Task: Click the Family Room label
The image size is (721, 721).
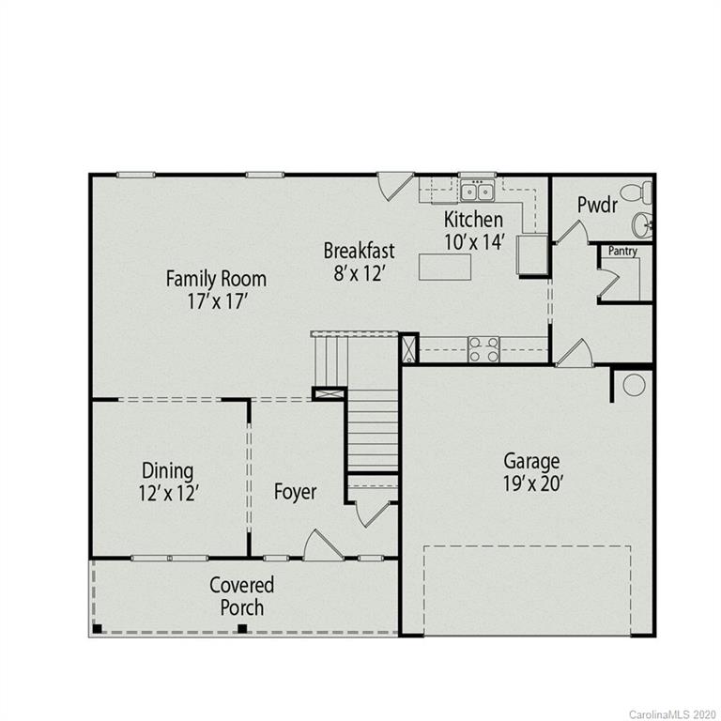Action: tap(216, 279)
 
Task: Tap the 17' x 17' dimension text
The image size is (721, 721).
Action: tap(216, 302)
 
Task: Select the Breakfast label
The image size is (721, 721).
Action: tap(359, 251)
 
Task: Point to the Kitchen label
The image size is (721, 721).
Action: tap(474, 220)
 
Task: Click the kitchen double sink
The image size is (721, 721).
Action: tap(477, 192)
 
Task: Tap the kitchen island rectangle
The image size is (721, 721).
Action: tap(444, 267)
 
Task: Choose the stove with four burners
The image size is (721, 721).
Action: tap(483, 349)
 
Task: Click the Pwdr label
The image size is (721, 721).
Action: tap(597, 205)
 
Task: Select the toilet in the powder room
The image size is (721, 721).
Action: tap(640, 193)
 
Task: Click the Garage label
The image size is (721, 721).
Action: tap(531, 461)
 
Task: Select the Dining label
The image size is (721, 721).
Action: tap(168, 470)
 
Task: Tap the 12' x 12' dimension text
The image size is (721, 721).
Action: tap(168, 493)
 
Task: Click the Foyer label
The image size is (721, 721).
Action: tap(295, 492)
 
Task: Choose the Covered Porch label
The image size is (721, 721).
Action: tap(242, 596)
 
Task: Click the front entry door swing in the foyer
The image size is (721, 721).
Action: tap(321, 545)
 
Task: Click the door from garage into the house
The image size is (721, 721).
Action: tap(575, 354)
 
